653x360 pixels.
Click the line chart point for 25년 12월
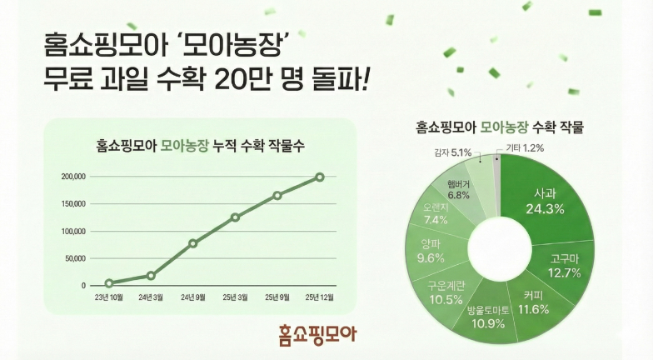[320, 177]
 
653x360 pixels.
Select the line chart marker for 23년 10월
[109, 283]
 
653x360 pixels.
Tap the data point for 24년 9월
[193, 243]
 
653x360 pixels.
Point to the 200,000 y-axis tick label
[74, 177]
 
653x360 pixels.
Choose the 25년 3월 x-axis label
[236, 297]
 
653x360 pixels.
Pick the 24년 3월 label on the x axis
[151, 297]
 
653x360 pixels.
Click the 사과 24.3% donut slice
[545, 200]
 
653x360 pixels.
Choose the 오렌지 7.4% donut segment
[436, 213]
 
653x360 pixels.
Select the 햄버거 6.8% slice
[458, 188]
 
